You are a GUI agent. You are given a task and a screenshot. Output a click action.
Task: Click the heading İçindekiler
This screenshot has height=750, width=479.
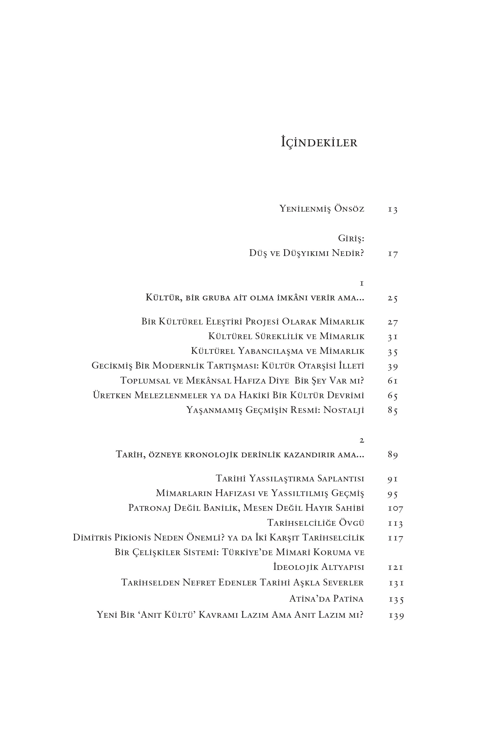coord(319,142)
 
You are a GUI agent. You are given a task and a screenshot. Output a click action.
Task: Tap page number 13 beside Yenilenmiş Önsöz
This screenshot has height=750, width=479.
coord(393,209)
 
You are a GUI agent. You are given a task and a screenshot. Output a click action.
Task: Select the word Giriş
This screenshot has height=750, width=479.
coord(351,239)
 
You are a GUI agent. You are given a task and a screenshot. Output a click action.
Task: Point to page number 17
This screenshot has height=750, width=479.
coord(393,254)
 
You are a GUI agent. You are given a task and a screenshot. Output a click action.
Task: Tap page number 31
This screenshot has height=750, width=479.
coord(393,337)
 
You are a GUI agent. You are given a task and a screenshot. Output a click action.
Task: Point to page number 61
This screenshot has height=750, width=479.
coord(393,381)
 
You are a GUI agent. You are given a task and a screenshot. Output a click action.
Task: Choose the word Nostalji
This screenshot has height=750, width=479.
coord(344,410)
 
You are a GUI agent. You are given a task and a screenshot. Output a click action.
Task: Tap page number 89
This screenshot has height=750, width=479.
coord(393,455)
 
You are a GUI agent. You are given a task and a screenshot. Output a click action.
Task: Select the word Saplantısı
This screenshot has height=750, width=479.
coord(341,478)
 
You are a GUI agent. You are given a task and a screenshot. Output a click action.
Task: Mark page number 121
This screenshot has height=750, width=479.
coord(395,567)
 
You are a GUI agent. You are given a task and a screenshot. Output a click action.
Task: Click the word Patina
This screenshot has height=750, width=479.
coord(348,599)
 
